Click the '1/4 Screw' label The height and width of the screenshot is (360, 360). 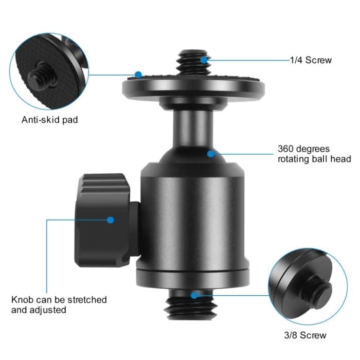(311, 60)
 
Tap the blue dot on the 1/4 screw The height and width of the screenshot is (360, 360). (204, 60)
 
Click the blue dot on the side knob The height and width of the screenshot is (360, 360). (110, 220)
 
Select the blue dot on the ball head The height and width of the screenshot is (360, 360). (210, 153)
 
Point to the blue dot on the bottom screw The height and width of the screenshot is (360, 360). (194, 295)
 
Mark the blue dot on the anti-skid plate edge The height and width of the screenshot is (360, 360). (137, 75)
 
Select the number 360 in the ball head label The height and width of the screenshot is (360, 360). (286, 149)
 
